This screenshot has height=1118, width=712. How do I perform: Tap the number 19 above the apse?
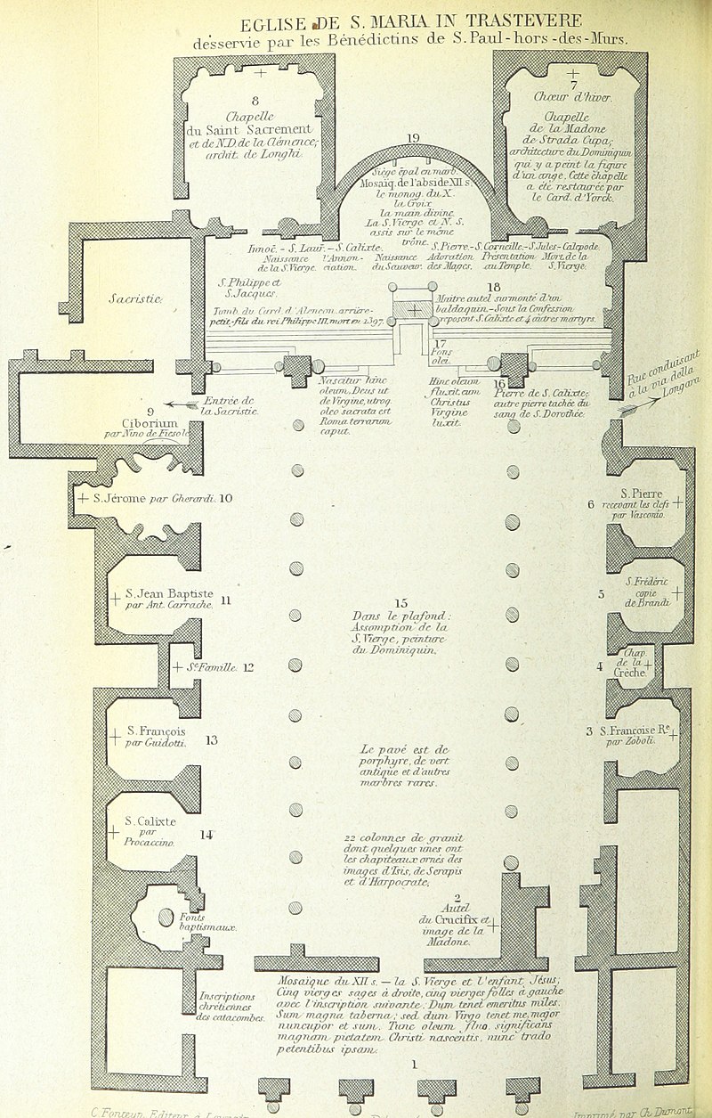412,138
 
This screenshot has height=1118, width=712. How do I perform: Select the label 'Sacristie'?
134,299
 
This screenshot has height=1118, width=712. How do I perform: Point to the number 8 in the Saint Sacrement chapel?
255,100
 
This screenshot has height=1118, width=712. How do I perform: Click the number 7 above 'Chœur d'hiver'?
574,85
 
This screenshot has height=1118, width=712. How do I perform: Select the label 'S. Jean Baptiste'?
169,593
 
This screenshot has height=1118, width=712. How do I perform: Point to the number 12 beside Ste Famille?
248,667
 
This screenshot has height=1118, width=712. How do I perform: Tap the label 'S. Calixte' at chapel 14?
150,820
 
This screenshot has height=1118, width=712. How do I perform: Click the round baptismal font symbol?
166,916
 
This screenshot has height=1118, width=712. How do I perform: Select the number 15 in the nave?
400,603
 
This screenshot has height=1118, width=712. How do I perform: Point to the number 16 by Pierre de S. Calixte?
499,383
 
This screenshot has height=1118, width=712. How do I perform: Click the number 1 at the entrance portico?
414,1063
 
